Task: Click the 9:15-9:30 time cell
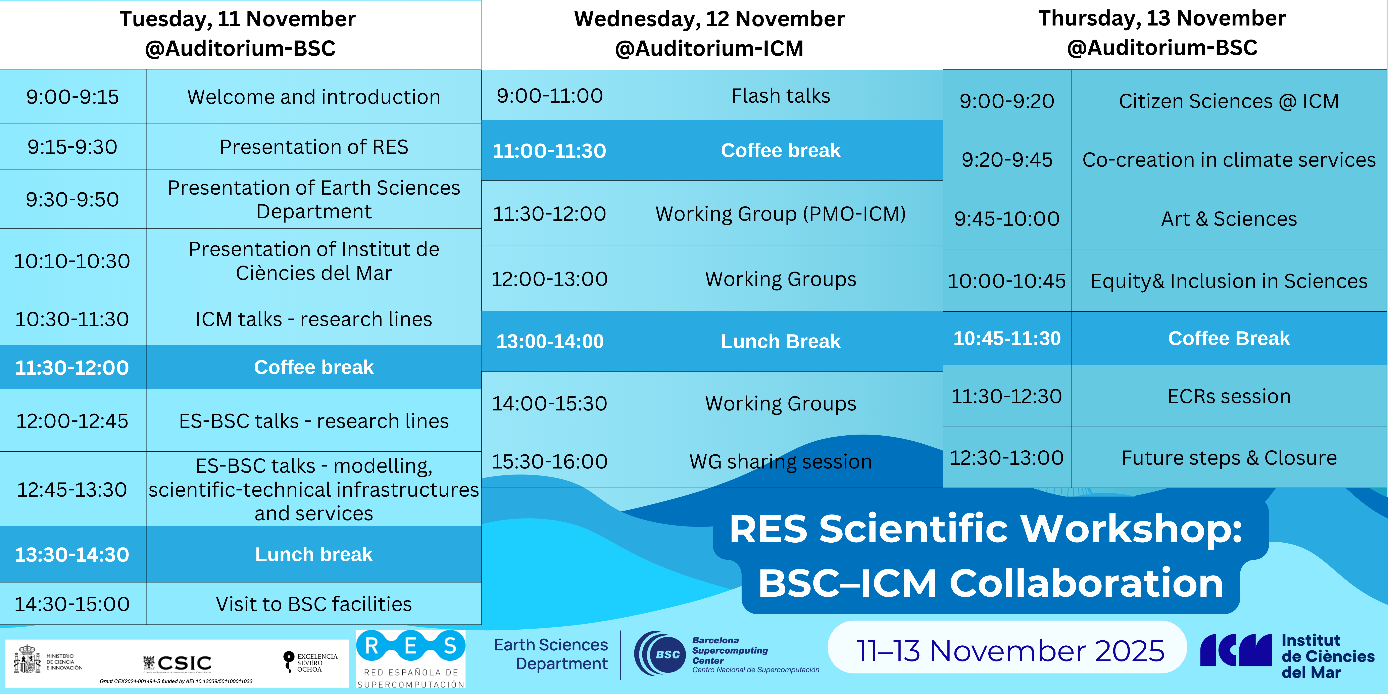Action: pos(73,147)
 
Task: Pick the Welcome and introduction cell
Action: pos(314,97)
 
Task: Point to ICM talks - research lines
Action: pos(314,319)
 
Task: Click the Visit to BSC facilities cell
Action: pos(314,604)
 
